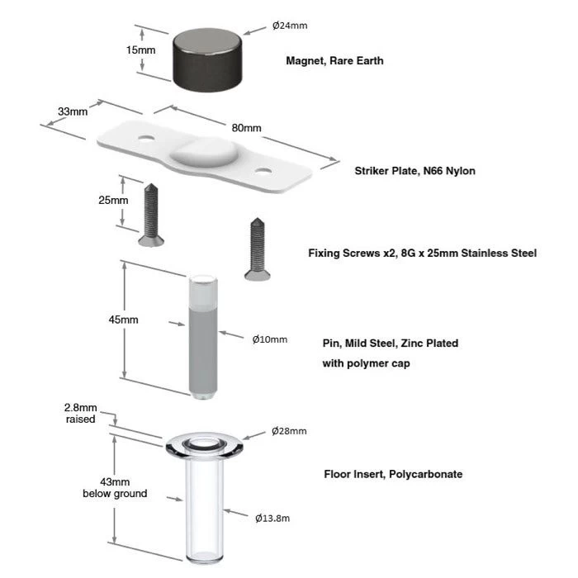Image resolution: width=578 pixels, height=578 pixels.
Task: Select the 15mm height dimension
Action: [x=140, y=50]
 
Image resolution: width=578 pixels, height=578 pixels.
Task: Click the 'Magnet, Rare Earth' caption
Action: [x=334, y=61]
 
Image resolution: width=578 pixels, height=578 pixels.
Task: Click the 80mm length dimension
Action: [x=246, y=128]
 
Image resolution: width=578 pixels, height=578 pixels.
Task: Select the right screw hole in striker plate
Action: [x=263, y=172]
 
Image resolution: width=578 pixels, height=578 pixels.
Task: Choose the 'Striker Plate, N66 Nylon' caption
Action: [x=415, y=172]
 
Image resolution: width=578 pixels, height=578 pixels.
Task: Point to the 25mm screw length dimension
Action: [x=113, y=201]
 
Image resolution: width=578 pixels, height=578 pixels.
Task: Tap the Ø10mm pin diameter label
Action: [x=270, y=339]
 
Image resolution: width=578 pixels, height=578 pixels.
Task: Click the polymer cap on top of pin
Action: [x=201, y=288]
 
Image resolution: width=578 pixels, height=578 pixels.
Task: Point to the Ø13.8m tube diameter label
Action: [x=271, y=518]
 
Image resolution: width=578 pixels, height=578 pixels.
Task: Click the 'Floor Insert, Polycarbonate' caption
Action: [x=393, y=475]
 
